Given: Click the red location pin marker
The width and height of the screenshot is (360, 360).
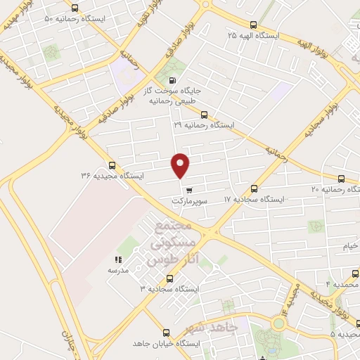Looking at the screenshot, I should pyautogui.click(x=181, y=165).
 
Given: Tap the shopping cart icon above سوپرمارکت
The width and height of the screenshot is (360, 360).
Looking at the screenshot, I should pyautogui.click(x=188, y=189).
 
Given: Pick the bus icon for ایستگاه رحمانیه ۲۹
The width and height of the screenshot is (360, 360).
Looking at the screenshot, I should pyautogui.click(x=204, y=115).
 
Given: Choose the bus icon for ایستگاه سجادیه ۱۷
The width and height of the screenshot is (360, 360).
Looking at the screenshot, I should pyautogui.click(x=254, y=188).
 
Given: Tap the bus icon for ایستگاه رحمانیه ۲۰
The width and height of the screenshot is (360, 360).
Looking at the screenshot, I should pyautogui.click(x=342, y=179).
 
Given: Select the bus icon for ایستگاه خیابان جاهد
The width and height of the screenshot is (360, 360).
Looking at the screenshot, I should pyautogui.click(x=166, y=333).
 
